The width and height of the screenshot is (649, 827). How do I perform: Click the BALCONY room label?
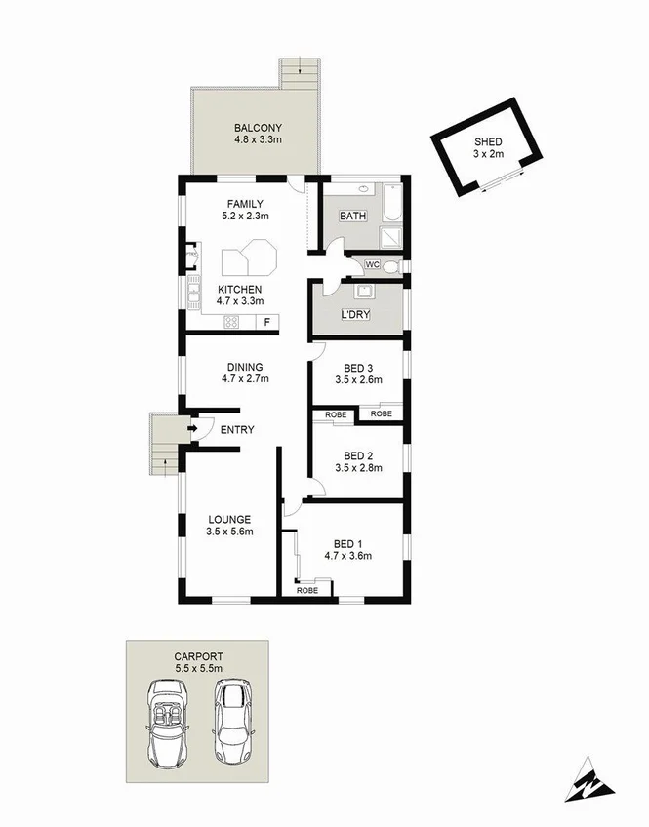258,128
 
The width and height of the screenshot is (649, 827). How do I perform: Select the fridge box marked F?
265,322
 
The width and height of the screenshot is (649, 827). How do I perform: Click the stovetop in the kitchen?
234,322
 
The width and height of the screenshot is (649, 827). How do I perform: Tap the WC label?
372,264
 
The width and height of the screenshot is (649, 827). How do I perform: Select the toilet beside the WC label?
391,265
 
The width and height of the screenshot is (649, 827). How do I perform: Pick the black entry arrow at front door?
192,428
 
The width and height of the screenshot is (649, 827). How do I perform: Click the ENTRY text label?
237,429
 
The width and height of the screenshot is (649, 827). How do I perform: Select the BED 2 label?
358,455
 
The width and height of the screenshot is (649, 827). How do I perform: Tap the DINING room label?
244,367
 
